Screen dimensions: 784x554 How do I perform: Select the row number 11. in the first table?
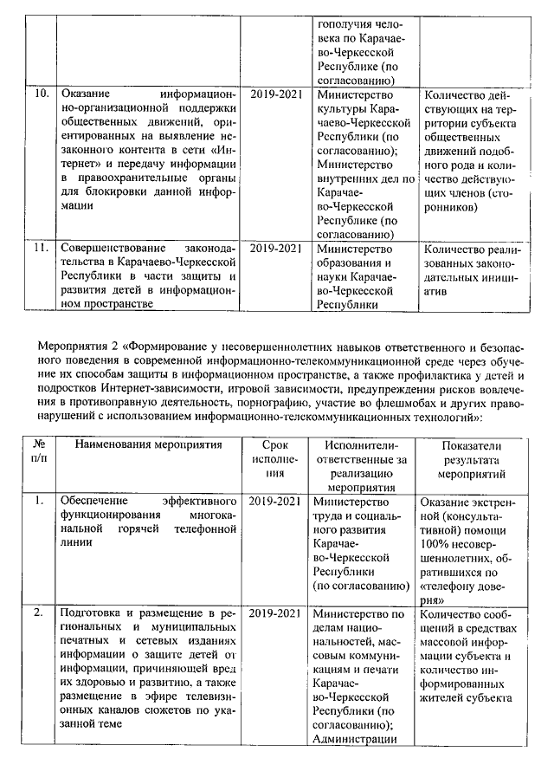pyautogui.click(x=38, y=248)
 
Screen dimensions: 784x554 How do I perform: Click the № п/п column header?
pyautogui.click(x=38, y=453)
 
